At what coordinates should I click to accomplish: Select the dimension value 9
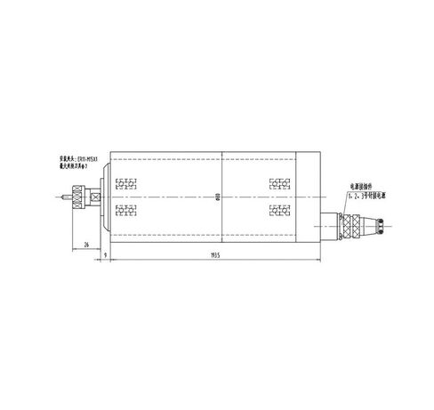click(105, 254)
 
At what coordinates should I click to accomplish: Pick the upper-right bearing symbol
click(278, 183)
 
